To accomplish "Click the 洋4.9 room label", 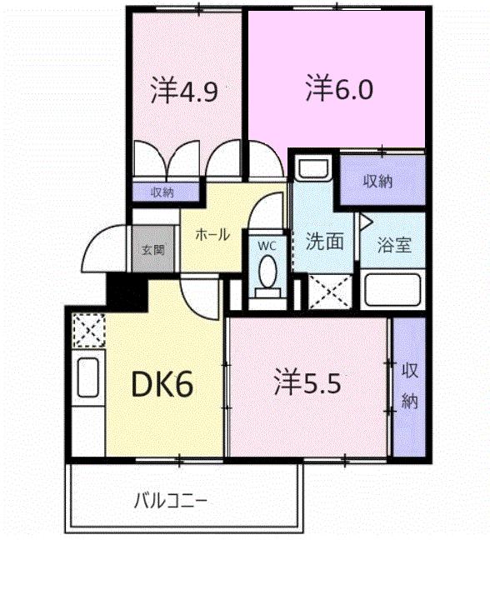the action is (x=184, y=90).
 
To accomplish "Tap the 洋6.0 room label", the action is (x=339, y=88).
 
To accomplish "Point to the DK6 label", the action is (x=162, y=384).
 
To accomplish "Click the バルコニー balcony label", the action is (x=171, y=501).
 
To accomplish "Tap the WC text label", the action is (x=267, y=246).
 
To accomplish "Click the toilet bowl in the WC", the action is (x=267, y=271).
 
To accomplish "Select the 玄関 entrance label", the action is (x=153, y=249).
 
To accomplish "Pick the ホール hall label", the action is (x=212, y=234).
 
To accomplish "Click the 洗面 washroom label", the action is (x=324, y=241).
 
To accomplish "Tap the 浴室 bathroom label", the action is (x=394, y=244).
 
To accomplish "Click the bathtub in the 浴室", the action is (x=392, y=288).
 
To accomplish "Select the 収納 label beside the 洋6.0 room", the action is (x=377, y=182).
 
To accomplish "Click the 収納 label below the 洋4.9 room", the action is (x=163, y=192).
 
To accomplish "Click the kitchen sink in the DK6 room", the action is (x=88, y=377).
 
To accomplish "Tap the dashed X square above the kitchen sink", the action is (x=88, y=330).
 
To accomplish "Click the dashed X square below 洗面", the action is (x=330, y=292).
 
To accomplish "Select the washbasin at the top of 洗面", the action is (x=313, y=168).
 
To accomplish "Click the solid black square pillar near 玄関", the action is (x=127, y=291).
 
